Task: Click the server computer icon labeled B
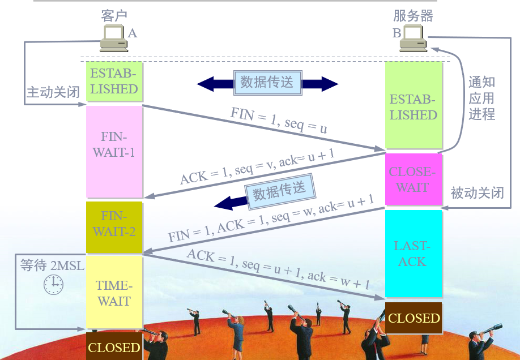tap(413, 38)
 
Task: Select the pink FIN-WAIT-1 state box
tap(114, 151)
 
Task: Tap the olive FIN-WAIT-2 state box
tap(114, 227)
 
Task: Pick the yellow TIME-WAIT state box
tap(114, 292)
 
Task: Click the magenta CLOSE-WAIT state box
tap(413, 179)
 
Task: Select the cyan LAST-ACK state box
tap(413, 254)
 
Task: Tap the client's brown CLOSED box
tap(114, 346)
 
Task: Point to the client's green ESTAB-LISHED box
tap(114, 81)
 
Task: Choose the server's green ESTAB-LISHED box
tap(413, 106)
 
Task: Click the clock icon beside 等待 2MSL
tap(54, 284)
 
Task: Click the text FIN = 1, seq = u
tap(278, 119)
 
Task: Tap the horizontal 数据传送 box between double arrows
tap(267, 83)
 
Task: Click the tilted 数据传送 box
tap(279, 192)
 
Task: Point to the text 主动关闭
tap(53, 93)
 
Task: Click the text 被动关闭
tap(476, 192)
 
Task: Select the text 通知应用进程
tap(482, 98)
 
